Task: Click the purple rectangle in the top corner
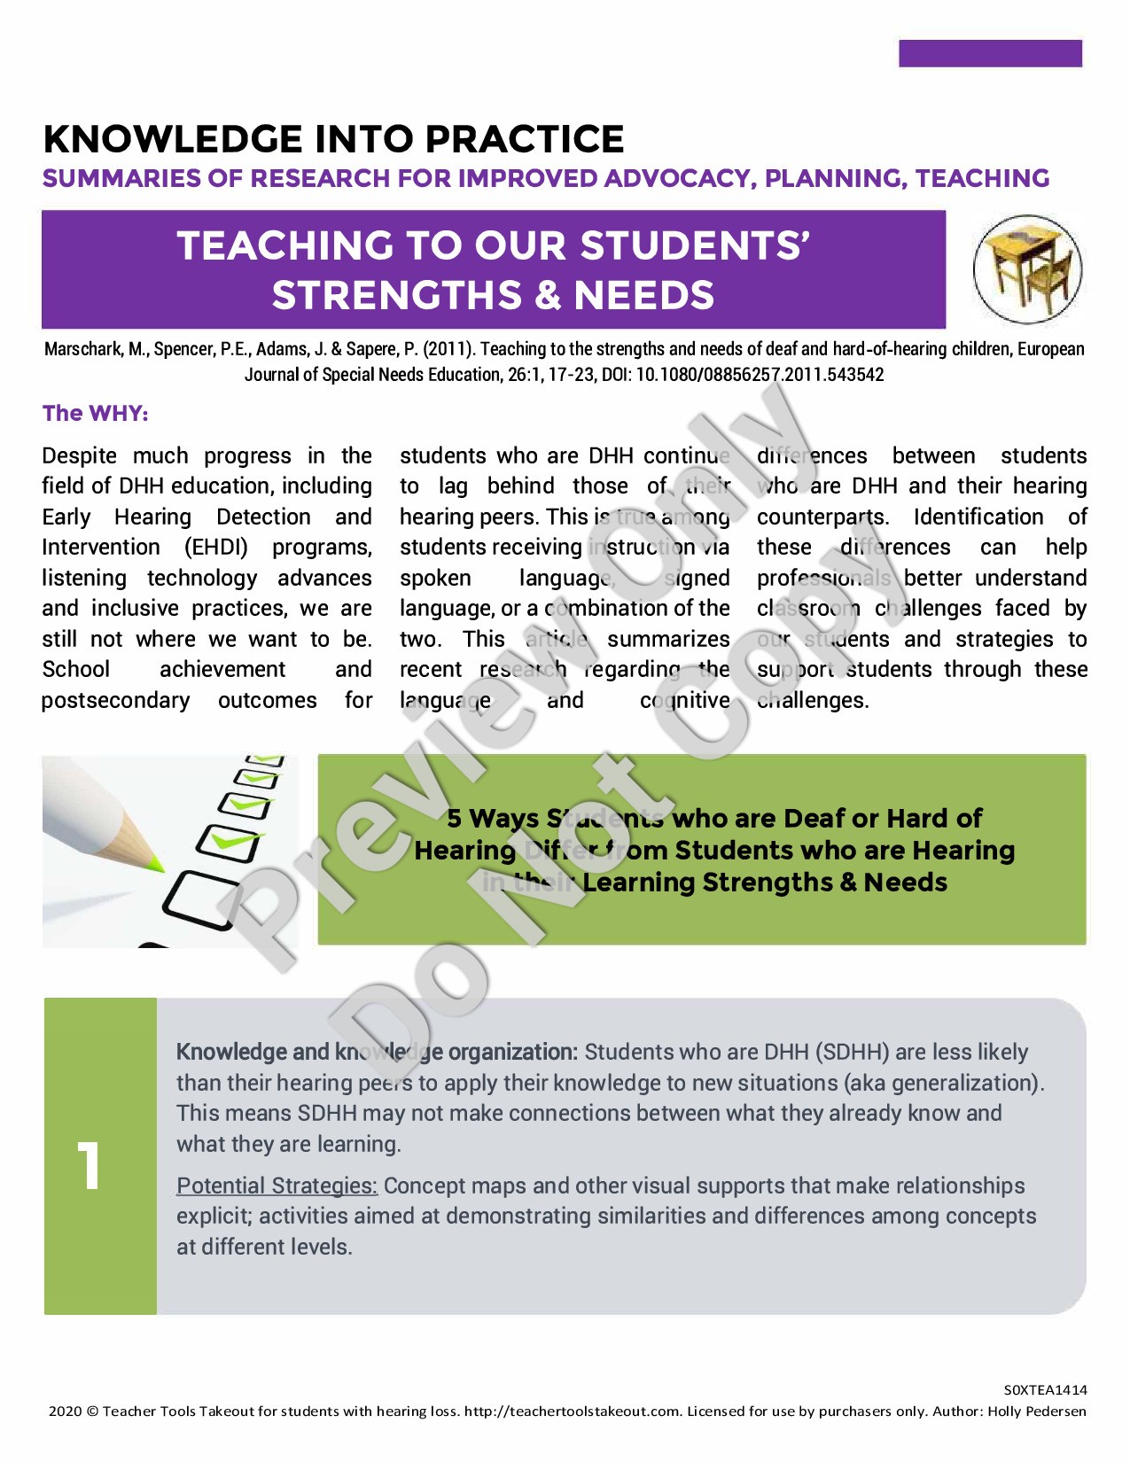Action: [990, 53]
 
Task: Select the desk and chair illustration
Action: [1027, 270]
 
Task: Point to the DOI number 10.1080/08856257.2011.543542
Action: [760, 375]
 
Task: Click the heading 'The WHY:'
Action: [96, 414]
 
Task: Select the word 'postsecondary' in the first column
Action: [116, 701]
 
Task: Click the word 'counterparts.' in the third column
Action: [822, 517]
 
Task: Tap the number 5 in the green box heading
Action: [454, 819]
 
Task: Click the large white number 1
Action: [89, 1165]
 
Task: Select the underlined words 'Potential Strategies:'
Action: [277, 1186]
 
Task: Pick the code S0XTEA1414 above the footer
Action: [1045, 1390]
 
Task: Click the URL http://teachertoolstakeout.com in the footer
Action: [573, 1411]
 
